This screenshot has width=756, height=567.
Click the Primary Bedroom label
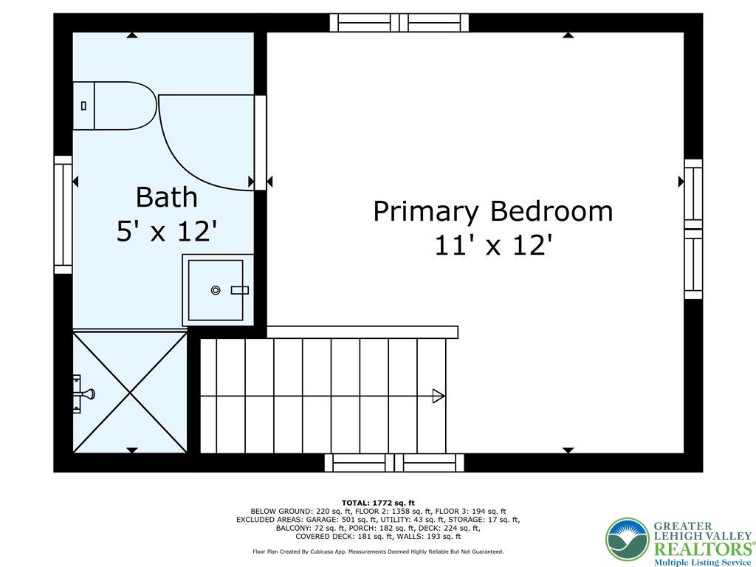pyautogui.click(x=492, y=211)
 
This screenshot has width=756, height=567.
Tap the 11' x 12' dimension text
pyautogui.click(x=492, y=245)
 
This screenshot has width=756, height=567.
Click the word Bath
pyautogui.click(x=167, y=197)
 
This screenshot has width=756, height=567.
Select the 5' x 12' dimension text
pyautogui.click(x=167, y=232)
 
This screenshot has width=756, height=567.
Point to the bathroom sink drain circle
pyautogui.click(x=216, y=290)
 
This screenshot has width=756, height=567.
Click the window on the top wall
pyautogui.click(x=399, y=22)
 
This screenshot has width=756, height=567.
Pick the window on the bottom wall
pyautogui.click(x=395, y=463)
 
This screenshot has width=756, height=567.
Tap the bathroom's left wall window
pyautogui.click(x=63, y=214)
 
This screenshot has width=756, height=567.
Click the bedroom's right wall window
pyautogui.click(x=693, y=229)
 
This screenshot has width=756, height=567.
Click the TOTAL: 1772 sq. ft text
pyautogui.click(x=378, y=503)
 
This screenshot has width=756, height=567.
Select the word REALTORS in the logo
pyautogui.click(x=701, y=549)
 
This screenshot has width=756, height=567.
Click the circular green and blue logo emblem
pyautogui.click(x=627, y=540)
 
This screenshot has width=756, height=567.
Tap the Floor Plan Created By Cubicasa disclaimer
pyautogui.click(x=378, y=551)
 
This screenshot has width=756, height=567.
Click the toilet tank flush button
pyautogui.click(x=83, y=106)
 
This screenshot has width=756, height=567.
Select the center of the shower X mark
pyautogui.click(x=131, y=391)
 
